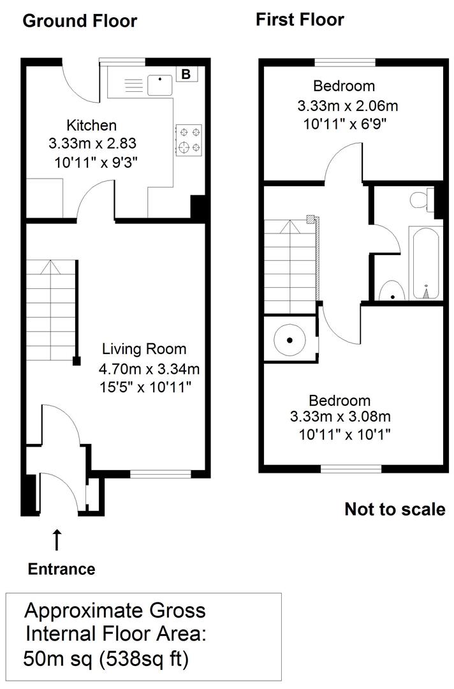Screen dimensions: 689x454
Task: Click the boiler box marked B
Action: pyautogui.click(x=186, y=75)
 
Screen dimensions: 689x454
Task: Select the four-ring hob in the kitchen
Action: pyautogui.click(x=189, y=140)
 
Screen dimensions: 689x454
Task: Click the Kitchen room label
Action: pyautogui.click(x=92, y=125)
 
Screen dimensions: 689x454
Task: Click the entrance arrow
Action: pyautogui.click(x=57, y=540)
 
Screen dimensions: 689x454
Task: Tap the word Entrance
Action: pyautogui.click(x=61, y=569)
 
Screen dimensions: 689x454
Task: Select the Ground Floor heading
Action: pyautogui.click(x=80, y=21)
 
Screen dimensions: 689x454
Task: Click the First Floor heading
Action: pyautogui.click(x=300, y=20)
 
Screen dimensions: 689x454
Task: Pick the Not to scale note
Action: pyautogui.click(x=395, y=509)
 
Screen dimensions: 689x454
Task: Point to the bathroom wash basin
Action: pyautogui.click(x=390, y=293)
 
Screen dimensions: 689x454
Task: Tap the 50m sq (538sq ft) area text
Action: pyautogui.click(x=106, y=658)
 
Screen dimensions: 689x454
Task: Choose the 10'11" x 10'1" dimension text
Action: pyautogui.click(x=344, y=434)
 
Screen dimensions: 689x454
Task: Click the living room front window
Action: pyautogui.click(x=161, y=474)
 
